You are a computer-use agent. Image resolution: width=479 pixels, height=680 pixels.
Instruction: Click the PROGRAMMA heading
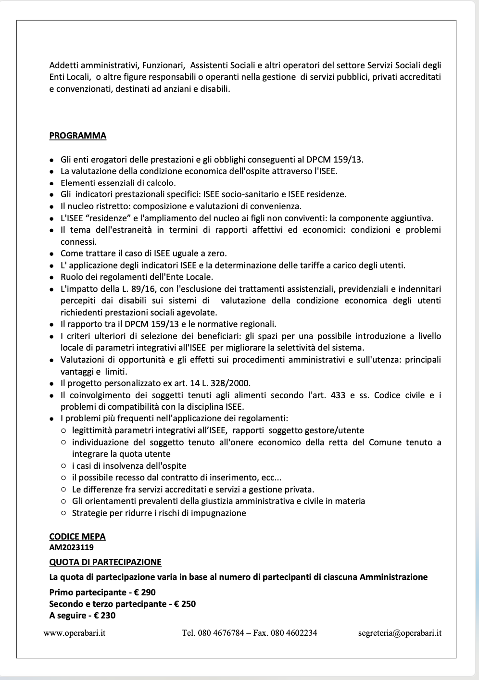tap(77, 136)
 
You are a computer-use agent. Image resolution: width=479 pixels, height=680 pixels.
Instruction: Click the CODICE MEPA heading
tap(77, 537)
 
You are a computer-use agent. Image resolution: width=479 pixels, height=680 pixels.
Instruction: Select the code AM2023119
tap(71, 547)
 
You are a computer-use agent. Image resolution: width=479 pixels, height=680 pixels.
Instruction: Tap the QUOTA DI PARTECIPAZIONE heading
tap(105, 562)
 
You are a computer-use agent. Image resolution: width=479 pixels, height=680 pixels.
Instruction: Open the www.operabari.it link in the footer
tap(75, 633)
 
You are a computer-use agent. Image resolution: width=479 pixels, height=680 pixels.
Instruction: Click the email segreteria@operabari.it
tap(400, 633)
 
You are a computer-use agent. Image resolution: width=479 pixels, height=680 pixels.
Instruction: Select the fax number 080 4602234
tap(294, 633)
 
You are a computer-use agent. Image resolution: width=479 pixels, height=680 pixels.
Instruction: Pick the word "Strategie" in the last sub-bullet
tap(89, 513)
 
